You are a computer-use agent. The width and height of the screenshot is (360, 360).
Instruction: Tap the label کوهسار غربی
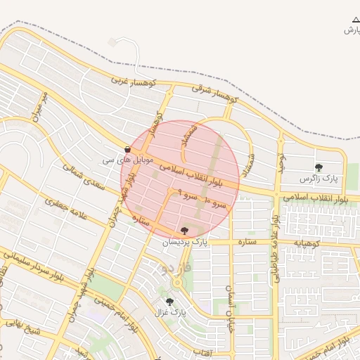pyautogui.click(x=129, y=81)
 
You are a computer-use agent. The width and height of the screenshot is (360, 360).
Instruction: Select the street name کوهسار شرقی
pyautogui.click(x=216, y=94)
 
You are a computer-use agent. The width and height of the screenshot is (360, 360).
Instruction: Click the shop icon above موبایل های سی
pyautogui.click(x=127, y=149)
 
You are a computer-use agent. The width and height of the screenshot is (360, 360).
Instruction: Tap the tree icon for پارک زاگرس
pyautogui.click(x=319, y=167)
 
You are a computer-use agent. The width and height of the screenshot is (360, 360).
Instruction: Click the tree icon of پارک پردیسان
pyautogui.click(x=185, y=230)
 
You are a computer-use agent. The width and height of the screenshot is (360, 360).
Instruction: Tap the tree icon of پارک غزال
pyautogui.click(x=169, y=302)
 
